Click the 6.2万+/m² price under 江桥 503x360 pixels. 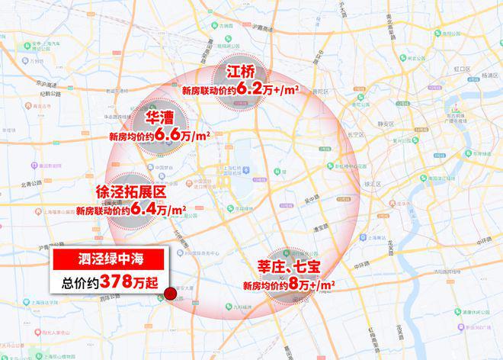tap(268, 90)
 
